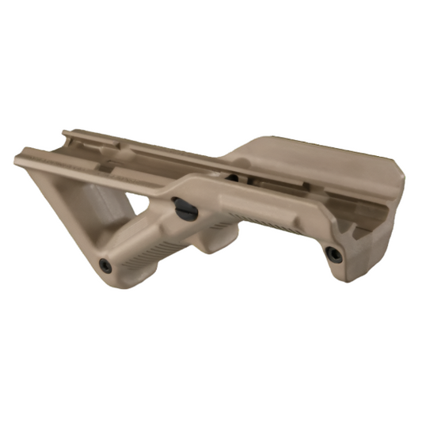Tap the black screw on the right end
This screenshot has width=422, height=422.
(333, 254)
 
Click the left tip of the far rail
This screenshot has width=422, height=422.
(67, 133)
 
